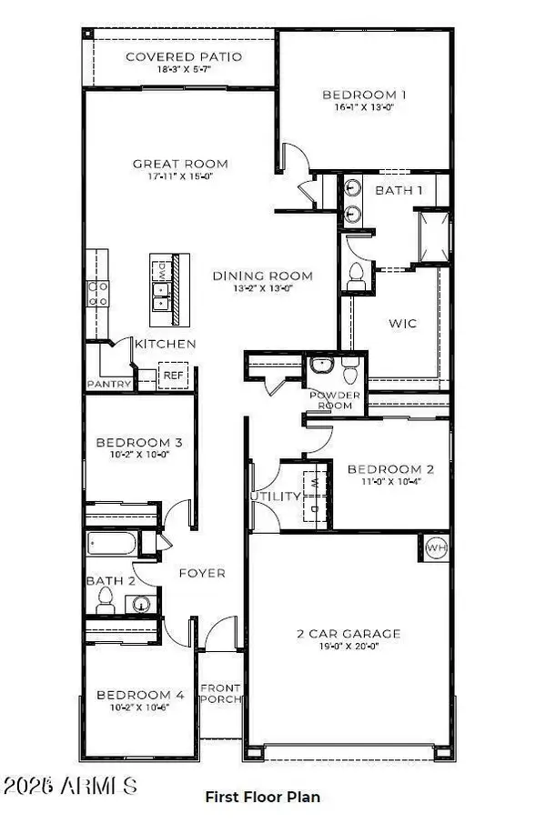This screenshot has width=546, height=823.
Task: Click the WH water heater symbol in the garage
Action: click(x=436, y=549)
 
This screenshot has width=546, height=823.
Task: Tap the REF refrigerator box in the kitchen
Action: click(x=172, y=376)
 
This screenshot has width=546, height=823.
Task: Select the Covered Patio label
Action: click(x=184, y=56)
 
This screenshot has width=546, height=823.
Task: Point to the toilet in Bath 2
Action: click(x=105, y=600)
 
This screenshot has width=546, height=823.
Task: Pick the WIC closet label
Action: click(x=403, y=323)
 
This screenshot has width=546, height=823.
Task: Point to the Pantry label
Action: click(x=110, y=385)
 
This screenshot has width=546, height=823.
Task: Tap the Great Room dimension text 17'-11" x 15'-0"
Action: click(x=180, y=178)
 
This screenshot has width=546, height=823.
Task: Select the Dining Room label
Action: click(x=262, y=276)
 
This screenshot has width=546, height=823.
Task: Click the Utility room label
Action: click(x=276, y=497)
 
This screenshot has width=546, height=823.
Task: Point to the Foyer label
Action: click(x=201, y=573)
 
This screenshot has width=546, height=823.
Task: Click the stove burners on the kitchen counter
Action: click(x=98, y=292)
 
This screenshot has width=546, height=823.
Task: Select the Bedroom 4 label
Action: click(x=140, y=696)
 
